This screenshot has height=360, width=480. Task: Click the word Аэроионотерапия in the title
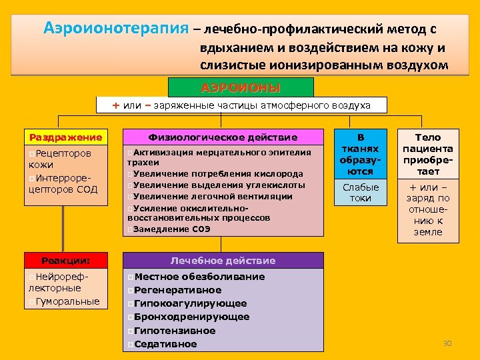pyautogui.click(x=116, y=29)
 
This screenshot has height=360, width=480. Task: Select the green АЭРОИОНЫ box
pyautogui.click(x=241, y=88)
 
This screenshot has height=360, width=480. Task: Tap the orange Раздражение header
pyautogui.click(x=65, y=137)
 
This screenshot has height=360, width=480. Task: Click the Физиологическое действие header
pyautogui.click(x=223, y=137)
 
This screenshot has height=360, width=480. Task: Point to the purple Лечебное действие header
pyautogui.click(x=223, y=261)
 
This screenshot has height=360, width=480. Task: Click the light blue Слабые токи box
pyautogui.click(x=360, y=193)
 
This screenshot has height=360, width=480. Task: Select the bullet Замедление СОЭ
pyautogui.click(x=172, y=229)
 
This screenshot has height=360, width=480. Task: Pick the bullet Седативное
pyautogui.click(x=165, y=344)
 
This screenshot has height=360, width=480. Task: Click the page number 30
pyautogui.click(x=447, y=343)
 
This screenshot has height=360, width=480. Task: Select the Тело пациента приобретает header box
pyautogui.click(x=429, y=154)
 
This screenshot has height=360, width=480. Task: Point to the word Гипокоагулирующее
pyautogui.click(x=191, y=303)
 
